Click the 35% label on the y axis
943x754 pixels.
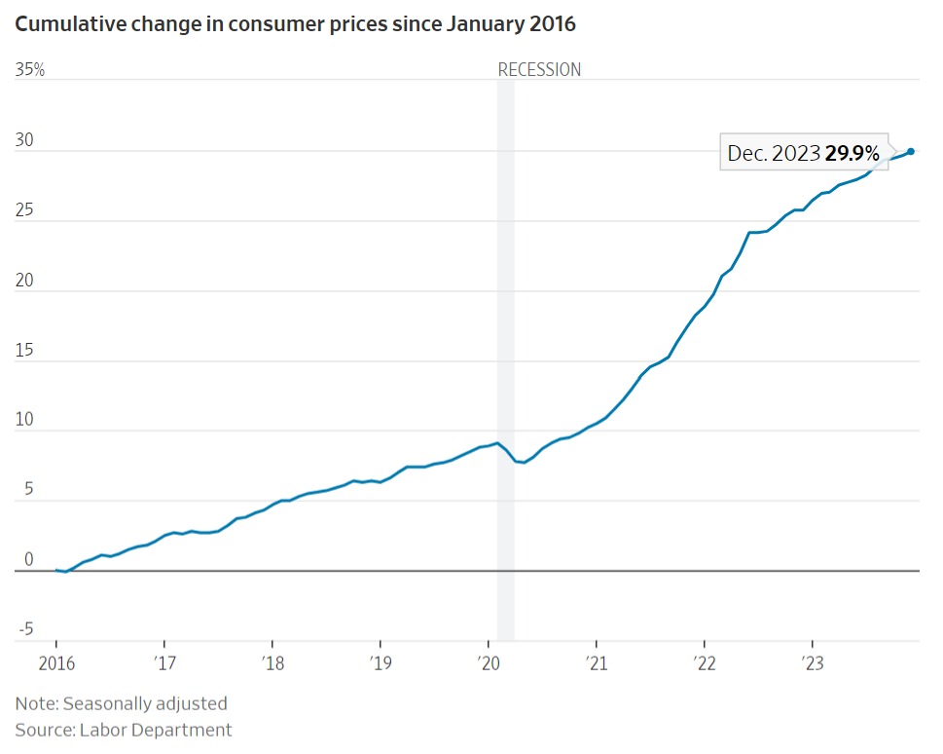30,70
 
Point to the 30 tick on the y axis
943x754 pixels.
24,140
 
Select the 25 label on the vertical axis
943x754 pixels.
24,210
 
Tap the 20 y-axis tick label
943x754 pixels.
24,281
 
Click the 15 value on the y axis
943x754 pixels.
24,351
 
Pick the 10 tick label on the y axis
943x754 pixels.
24,421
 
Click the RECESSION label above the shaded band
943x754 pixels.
539,70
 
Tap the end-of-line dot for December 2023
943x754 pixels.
911,151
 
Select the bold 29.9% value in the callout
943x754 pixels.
852,153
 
